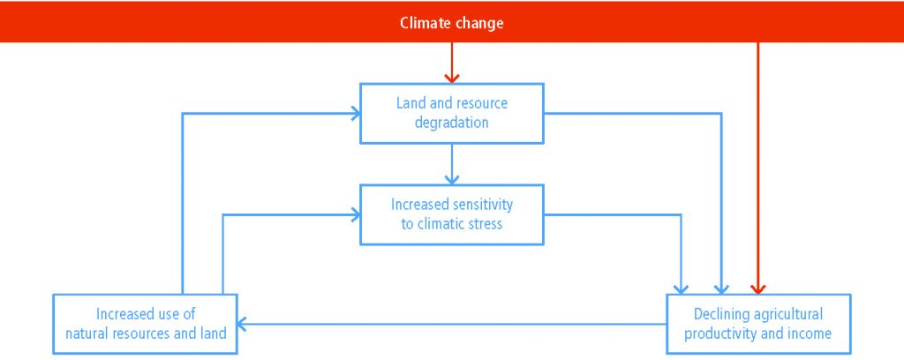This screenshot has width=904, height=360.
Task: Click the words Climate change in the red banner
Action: pyautogui.click(x=451, y=23)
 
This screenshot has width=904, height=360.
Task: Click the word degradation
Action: pyautogui.click(x=451, y=124)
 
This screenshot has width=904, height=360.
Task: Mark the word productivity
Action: pyautogui.click(x=719, y=334)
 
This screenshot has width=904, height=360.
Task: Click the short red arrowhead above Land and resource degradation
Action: pyautogui.click(x=452, y=78)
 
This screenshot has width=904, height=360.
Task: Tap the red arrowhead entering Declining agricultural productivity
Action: pyautogui.click(x=758, y=289)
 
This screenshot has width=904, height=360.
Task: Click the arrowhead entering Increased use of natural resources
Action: pyautogui.click(x=242, y=325)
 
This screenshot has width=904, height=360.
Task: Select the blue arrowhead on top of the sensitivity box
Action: pyautogui.click(x=452, y=179)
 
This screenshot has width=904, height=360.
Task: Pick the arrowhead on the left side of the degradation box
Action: pyautogui.click(x=355, y=114)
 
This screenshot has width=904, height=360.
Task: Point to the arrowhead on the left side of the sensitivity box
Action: pyautogui.click(x=355, y=214)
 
